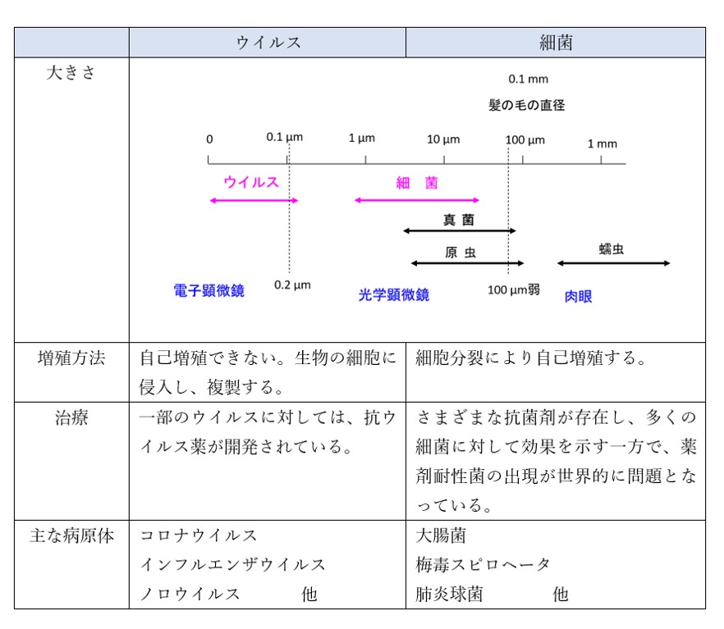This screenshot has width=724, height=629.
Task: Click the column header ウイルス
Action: tap(268, 43)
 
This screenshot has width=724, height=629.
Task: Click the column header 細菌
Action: tap(556, 43)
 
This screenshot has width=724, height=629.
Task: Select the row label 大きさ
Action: tap(71, 72)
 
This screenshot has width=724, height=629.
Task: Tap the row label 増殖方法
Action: tap(71, 358)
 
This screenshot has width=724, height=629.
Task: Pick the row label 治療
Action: tap(71, 417)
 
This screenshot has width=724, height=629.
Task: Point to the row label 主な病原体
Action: tap(71, 536)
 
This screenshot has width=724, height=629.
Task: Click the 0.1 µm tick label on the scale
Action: tap(284, 137)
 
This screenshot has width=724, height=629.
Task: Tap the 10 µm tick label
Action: tap(443, 139)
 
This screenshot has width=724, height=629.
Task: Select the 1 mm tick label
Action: tap(603, 144)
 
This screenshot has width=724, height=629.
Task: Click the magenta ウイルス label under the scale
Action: tap(251, 182)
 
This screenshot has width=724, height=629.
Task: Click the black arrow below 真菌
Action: tap(460, 230)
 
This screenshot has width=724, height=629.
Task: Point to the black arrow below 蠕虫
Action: tap(614, 263)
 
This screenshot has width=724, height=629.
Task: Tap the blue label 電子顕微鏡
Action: tap(209, 290)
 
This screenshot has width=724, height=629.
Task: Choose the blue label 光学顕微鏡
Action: tap(394, 294)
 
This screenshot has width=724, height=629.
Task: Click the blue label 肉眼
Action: tap(578, 297)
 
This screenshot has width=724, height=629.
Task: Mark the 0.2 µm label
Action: tap(292, 285)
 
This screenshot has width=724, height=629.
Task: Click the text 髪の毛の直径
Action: tap(527, 105)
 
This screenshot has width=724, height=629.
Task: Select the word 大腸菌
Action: tap(441, 536)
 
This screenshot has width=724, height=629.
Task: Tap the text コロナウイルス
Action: tap(199, 536)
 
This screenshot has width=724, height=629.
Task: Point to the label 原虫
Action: tap(461, 253)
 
